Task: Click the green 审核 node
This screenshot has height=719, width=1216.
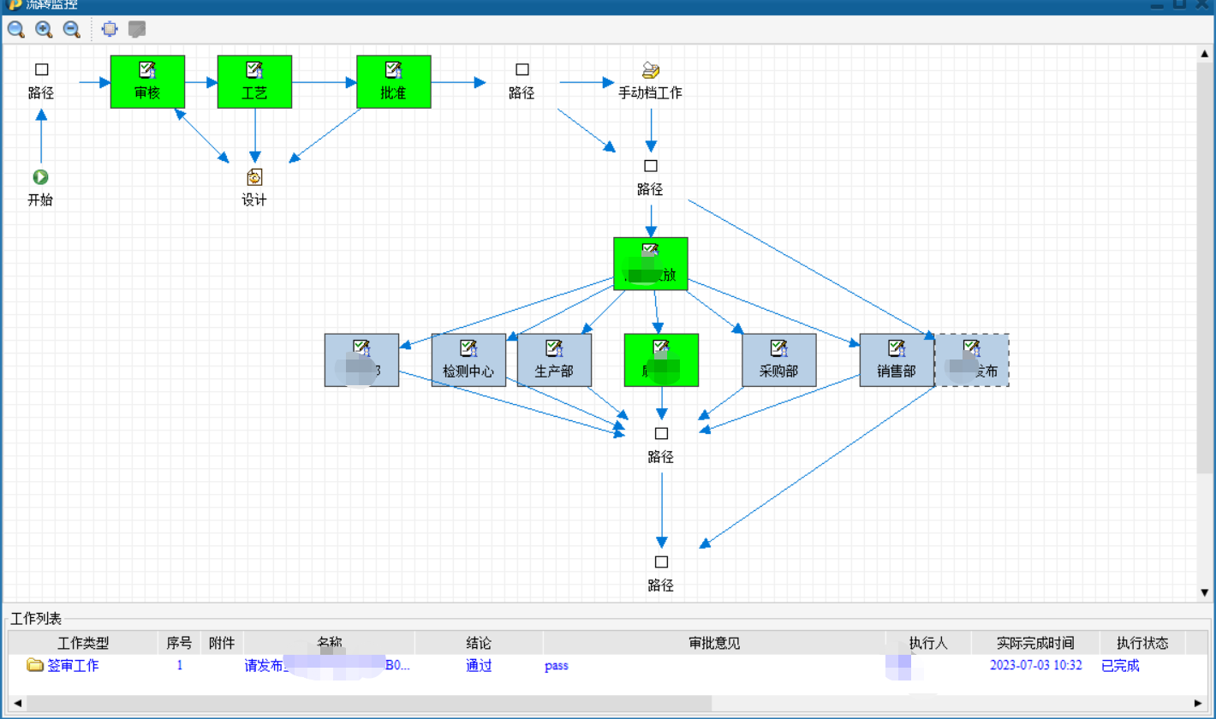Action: tap(147, 82)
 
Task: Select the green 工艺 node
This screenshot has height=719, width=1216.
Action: tap(254, 82)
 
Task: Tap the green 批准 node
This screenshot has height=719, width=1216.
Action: tap(393, 82)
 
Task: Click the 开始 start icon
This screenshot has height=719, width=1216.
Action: tap(40, 177)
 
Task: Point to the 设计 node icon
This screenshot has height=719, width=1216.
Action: tap(254, 177)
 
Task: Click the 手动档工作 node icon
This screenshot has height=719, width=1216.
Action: tap(651, 70)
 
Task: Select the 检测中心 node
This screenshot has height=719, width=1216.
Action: tap(468, 359)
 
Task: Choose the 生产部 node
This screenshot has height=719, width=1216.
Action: tap(554, 359)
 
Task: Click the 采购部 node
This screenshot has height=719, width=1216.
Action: tap(778, 359)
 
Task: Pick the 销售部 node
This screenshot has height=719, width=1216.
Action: tap(897, 359)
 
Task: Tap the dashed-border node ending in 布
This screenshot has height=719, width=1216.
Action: tap(972, 359)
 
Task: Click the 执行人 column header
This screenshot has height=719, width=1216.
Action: tap(928, 643)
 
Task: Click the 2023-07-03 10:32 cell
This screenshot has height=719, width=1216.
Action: tap(1036, 665)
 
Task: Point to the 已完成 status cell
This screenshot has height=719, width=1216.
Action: tap(1120, 665)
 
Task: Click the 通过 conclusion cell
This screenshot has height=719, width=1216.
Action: tap(479, 665)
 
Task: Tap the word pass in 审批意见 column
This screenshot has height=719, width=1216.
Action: tap(556, 665)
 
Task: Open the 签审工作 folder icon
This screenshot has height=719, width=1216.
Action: tap(35, 665)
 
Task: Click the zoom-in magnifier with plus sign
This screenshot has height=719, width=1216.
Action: tap(44, 29)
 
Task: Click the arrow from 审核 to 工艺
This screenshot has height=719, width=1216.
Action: tap(201, 83)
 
